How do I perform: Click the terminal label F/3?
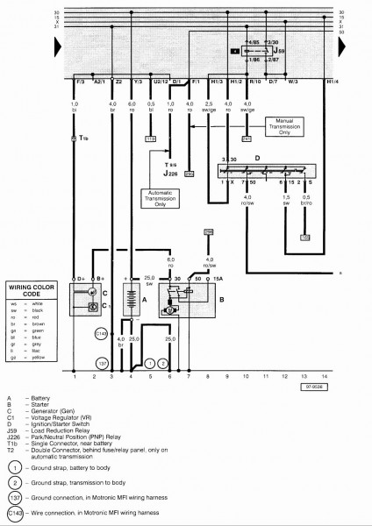point(78,82)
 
